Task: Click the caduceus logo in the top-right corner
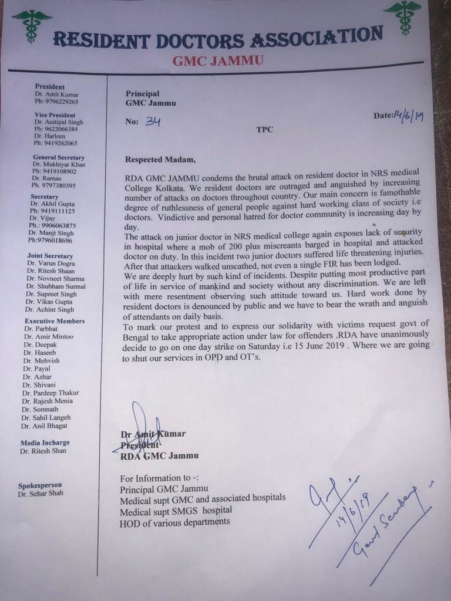coord(402,16)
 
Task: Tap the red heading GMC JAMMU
coord(218,60)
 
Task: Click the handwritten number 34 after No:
coord(153,121)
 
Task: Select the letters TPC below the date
coord(264,129)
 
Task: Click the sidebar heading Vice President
coord(55,115)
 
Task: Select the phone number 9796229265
coord(60,102)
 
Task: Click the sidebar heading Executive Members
coord(55,321)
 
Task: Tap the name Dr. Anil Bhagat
coord(43,426)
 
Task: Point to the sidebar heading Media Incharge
coord(45,443)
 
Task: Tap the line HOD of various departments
coord(174,522)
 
